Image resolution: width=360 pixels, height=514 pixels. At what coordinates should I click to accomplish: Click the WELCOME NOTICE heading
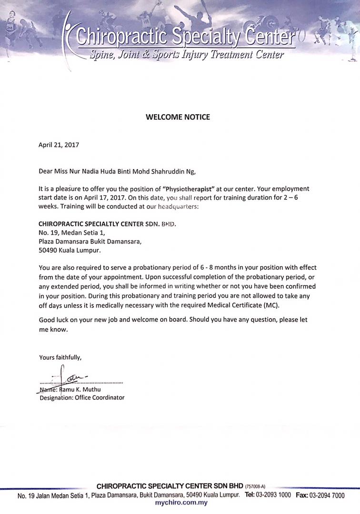click(x=178, y=117)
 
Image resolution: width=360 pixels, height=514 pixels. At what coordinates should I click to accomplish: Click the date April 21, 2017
click(x=59, y=145)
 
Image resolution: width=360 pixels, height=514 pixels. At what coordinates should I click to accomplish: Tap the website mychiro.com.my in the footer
click(x=182, y=503)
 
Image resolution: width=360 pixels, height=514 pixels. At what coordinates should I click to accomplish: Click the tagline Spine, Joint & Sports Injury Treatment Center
click(x=187, y=54)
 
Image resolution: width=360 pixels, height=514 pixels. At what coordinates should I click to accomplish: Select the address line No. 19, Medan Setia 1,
click(x=71, y=233)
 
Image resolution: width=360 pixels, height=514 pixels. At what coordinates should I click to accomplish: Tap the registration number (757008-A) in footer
click(x=255, y=486)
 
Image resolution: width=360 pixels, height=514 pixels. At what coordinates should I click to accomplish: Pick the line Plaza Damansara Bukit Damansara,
click(x=90, y=241)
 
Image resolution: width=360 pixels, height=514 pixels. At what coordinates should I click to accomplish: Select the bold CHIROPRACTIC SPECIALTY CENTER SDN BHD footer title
click(x=170, y=486)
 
